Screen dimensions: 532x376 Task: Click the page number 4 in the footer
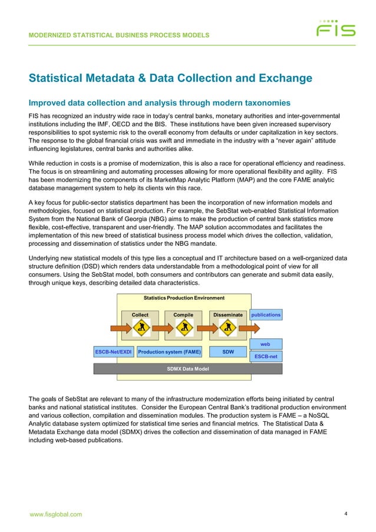[346, 514]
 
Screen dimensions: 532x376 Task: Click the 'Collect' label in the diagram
[140, 315]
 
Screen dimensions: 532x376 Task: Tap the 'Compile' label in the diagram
[183, 315]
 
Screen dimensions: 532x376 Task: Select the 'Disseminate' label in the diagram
[227, 315]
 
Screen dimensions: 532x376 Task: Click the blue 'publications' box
[265, 315]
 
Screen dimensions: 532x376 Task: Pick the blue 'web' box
[265, 343]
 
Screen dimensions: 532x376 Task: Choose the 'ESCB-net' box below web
[265, 356]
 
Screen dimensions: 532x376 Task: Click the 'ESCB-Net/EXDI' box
[113, 352]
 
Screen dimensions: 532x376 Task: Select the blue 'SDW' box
[227, 352]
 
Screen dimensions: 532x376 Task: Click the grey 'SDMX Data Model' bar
[188, 369]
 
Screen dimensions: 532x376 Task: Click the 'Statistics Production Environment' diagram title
[184, 298]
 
